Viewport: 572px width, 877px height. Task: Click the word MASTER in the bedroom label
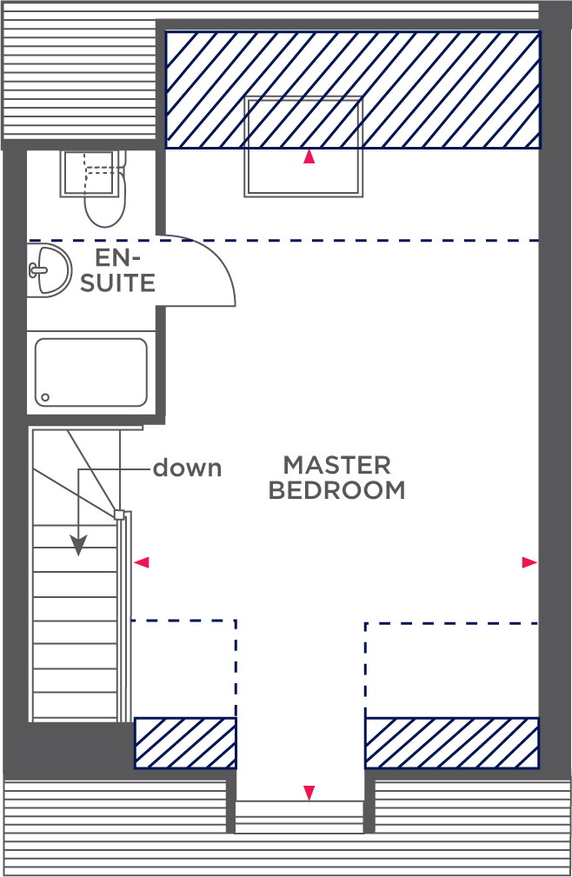pos(336,465)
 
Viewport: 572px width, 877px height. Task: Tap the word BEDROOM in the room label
pos(336,490)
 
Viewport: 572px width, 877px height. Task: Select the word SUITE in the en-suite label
pos(117,283)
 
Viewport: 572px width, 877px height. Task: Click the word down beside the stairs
pos(187,468)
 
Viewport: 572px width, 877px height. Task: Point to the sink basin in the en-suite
pos(50,269)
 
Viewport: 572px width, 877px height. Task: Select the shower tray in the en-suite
pos(91,372)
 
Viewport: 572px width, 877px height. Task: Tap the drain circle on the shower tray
pos(45,398)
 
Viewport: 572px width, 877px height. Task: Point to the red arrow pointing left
pos(142,562)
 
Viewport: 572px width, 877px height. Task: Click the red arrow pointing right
pos(529,562)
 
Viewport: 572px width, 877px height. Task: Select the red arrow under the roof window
pos(309,157)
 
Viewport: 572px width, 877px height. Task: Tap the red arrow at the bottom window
pos(309,793)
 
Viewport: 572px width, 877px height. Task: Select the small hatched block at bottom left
pos(185,743)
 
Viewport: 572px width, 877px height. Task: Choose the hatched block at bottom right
pos(452,743)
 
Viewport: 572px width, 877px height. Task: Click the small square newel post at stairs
pos(119,515)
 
